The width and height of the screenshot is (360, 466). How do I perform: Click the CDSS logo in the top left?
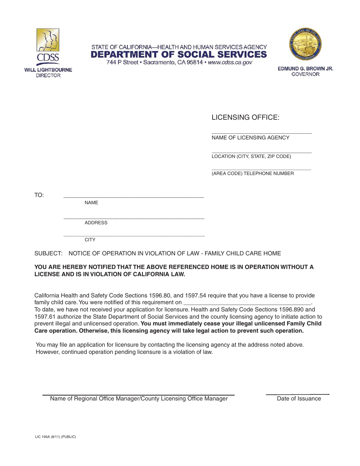tap(48, 45)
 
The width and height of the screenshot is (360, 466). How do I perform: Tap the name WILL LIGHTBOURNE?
tap(48, 70)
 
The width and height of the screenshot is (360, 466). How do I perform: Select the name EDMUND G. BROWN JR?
tap(305, 69)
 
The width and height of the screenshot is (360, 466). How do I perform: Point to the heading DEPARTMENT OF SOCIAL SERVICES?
tap(178, 55)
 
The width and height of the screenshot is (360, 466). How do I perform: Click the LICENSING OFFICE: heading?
tap(245, 117)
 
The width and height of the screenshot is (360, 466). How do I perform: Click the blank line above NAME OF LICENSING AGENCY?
tap(261, 133)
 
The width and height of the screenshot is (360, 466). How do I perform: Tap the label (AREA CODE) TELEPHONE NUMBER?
tap(253, 174)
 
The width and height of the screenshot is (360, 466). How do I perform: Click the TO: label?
tap(39, 195)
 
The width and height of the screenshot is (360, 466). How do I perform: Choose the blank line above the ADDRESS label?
tap(134, 218)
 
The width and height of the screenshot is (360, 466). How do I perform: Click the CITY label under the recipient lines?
tap(90, 240)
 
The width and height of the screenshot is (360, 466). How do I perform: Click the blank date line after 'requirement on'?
tap(247, 304)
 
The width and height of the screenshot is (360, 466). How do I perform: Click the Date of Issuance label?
tap(299, 399)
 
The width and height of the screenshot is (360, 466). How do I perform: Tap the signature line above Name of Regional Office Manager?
tap(138, 394)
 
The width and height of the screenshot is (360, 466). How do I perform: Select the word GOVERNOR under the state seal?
tap(305, 75)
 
